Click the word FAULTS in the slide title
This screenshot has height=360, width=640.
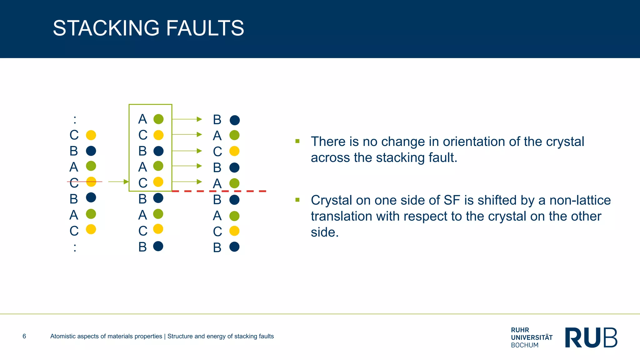[x=205, y=28]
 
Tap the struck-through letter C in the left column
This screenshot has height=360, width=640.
[x=74, y=182]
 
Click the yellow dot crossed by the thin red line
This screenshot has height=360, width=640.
[x=91, y=182]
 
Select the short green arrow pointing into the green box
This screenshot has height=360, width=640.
[x=118, y=182]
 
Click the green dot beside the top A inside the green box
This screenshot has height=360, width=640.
[x=158, y=119]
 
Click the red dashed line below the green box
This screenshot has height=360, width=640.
[x=219, y=191]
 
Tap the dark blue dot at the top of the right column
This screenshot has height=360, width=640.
[x=235, y=120]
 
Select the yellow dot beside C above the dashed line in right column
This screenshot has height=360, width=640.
[x=234, y=151]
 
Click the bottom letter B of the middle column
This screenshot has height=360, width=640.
[x=142, y=247]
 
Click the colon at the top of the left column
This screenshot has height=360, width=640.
[x=75, y=119]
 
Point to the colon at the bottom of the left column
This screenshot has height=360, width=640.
[x=75, y=247]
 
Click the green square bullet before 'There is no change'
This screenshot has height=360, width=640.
[x=297, y=141]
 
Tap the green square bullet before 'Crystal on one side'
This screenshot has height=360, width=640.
[x=297, y=200]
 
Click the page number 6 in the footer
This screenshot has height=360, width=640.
[x=24, y=336]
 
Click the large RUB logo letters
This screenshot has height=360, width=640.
[x=591, y=337]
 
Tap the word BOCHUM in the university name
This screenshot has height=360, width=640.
[x=525, y=345]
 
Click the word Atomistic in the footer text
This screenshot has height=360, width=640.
[x=63, y=336]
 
